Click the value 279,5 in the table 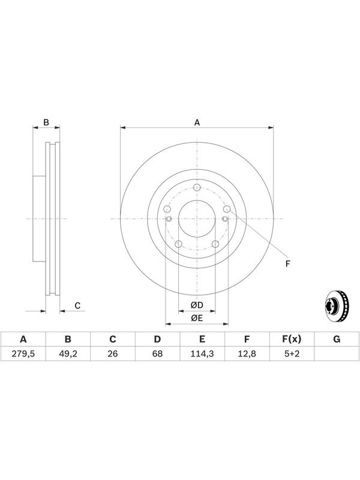23,354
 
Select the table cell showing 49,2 68,354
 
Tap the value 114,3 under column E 202,354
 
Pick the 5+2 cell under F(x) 292,354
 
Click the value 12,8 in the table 247,354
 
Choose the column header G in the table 337,339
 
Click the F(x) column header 292,339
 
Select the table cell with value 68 157,354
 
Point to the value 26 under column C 113,354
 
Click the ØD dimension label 197,305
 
